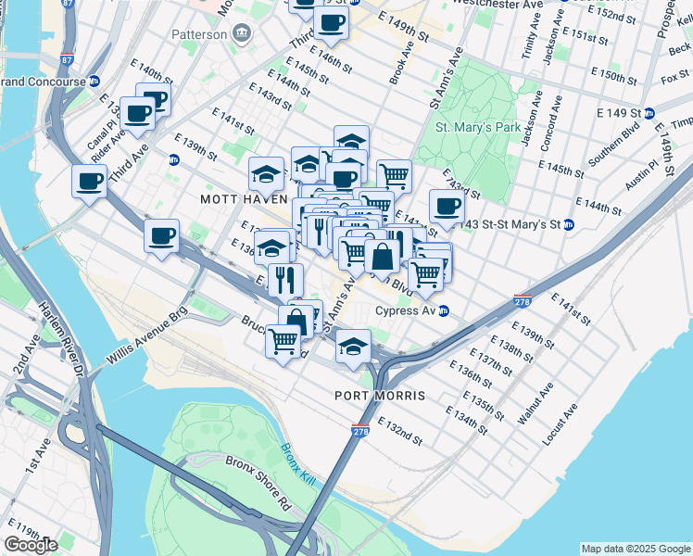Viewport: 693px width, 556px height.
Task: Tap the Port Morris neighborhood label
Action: (x=380, y=396)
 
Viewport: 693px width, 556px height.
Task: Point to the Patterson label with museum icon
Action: (x=199, y=34)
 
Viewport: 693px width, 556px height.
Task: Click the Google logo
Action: (x=31, y=545)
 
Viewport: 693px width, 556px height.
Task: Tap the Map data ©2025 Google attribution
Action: (x=635, y=548)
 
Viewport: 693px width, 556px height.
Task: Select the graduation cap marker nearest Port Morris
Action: (x=352, y=346)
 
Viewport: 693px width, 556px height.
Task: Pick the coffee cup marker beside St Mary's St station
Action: (x=447, y=207)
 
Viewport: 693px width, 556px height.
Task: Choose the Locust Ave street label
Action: (x=561, y=423)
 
